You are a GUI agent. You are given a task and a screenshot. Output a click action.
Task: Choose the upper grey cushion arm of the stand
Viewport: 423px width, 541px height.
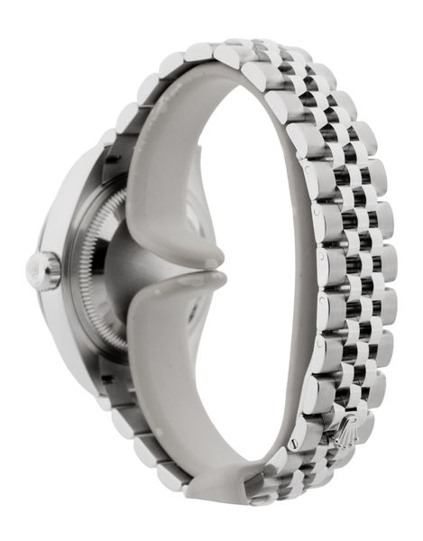coord(162,180)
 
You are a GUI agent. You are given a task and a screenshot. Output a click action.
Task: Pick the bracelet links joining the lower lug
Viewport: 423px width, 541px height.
coord(135,433)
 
